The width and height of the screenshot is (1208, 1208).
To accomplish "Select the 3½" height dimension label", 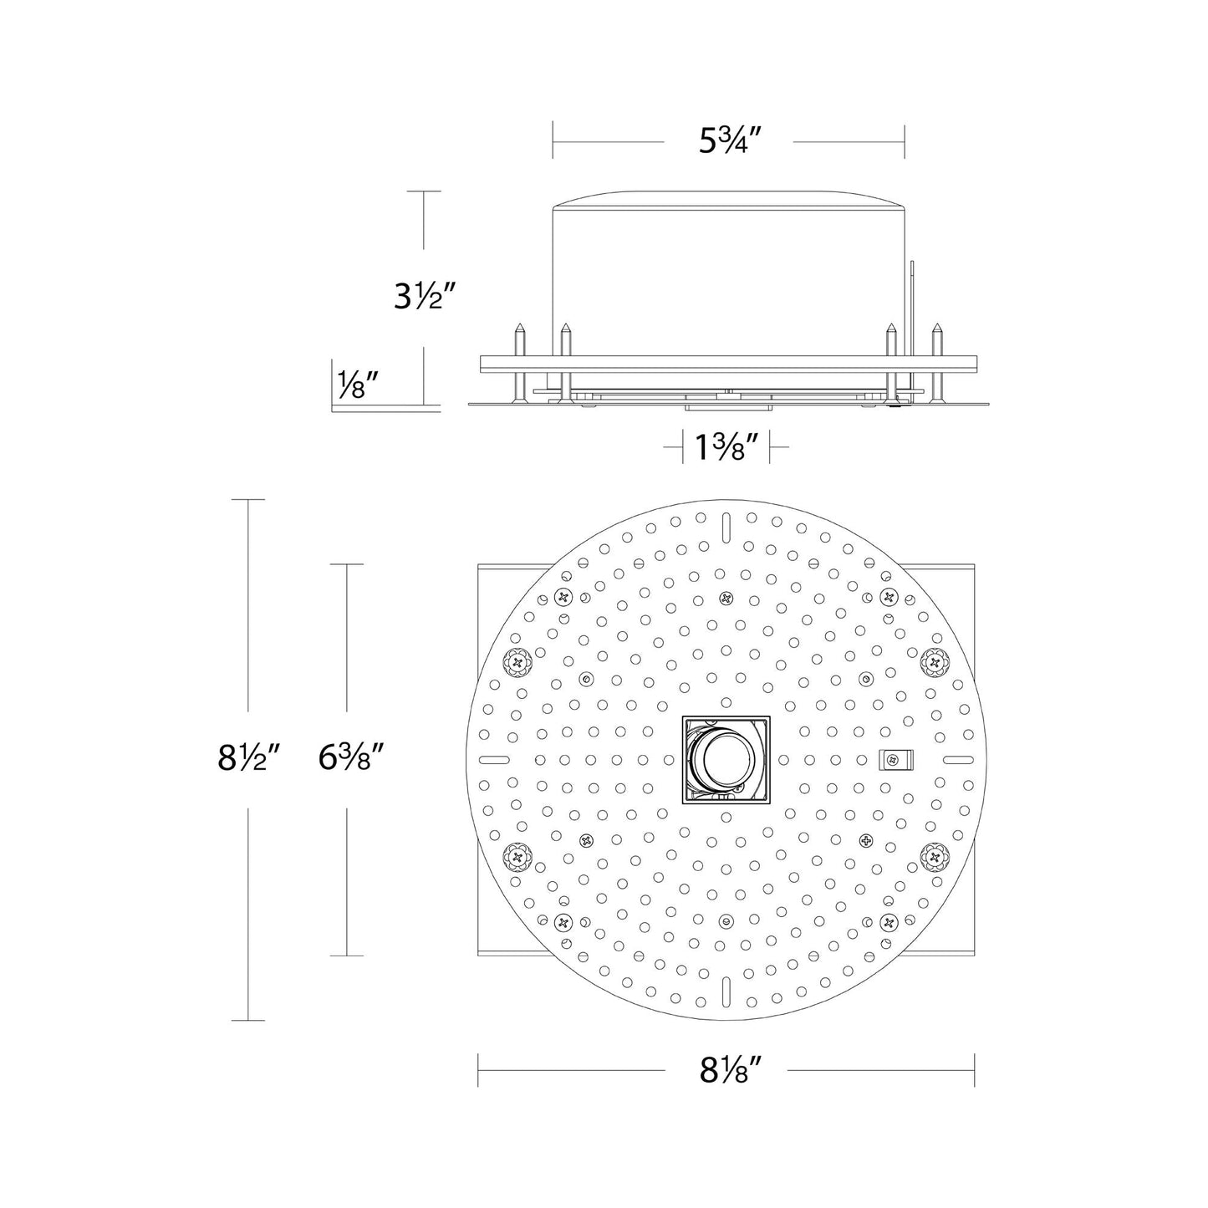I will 425,296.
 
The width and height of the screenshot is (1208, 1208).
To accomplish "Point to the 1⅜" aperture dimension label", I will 726,449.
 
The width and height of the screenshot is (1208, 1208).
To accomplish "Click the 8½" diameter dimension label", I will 247,757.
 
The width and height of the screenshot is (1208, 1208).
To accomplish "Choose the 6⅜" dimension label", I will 350,757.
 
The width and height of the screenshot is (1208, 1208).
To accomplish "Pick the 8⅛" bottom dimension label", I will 726,1069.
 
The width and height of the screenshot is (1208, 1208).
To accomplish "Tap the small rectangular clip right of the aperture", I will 895,759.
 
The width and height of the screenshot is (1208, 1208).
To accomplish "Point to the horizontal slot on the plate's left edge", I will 495,759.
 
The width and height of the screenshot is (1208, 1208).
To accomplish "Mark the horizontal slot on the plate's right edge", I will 957,759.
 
